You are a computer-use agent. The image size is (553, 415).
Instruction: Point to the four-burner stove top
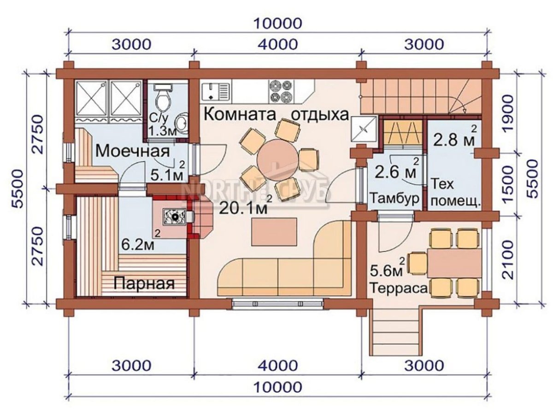(x=282, y=91)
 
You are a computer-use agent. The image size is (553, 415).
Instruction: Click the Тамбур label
(x=395, y=198)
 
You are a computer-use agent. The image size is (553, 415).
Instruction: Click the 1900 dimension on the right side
(x=506, y=116)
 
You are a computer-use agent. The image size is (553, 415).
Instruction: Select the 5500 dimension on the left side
(x=17, y=189)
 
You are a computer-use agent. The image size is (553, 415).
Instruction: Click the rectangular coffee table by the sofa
(x=274, y=232)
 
